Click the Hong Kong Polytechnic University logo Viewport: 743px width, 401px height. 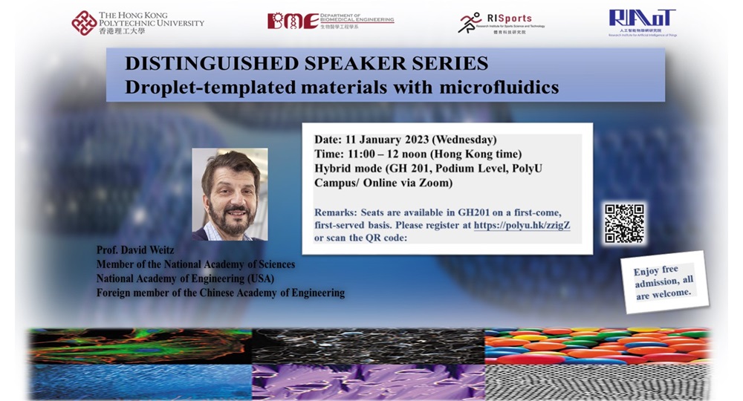[137, 23]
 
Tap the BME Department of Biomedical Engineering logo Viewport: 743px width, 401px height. [330, 21]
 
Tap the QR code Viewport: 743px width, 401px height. [624, 224]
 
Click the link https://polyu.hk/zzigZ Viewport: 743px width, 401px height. [522, 224]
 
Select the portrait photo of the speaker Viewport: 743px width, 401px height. [230, 194]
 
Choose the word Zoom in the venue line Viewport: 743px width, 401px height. [435, 182]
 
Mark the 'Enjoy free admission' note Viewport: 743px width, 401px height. [663, 282]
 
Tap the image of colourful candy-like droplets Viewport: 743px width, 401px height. [597, 345]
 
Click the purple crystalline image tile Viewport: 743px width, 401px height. [367, 382]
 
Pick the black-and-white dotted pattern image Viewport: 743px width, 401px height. [597, 382]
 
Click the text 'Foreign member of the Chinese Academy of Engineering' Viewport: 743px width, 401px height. [221, 293]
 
